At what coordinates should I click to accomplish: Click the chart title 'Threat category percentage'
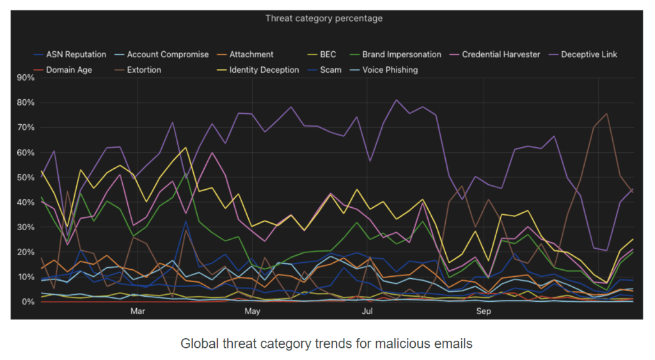point(324,18)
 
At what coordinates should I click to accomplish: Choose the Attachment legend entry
point(251,54)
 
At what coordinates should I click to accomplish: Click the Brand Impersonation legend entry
point(401,54)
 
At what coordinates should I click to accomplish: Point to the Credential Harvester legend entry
point(500,54)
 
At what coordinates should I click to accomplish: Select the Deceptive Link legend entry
point(588,54)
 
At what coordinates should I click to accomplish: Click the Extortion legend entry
point(144,70)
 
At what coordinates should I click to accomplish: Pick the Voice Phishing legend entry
point(390,70)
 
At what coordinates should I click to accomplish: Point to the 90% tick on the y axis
point(26,78)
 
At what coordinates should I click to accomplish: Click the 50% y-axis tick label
point(26,178)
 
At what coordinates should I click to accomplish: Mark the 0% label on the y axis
point(28,302)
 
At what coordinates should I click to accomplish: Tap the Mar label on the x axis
point(138,311)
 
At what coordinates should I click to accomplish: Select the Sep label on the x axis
point(484,311)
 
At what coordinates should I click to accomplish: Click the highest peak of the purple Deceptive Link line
point(396,100)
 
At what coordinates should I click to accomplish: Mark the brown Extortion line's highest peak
point(606,114)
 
